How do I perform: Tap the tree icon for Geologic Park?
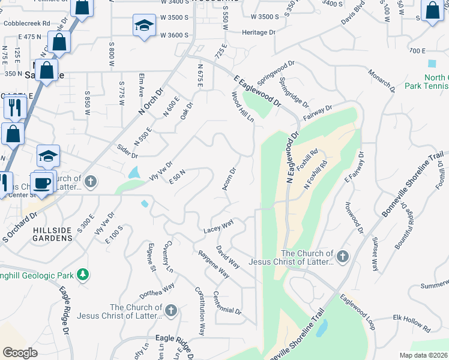tap(83, 275)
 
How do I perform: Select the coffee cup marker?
tap(41, 183)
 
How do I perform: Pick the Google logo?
tap(20, 352)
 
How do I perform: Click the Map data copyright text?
tap(424, 355)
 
